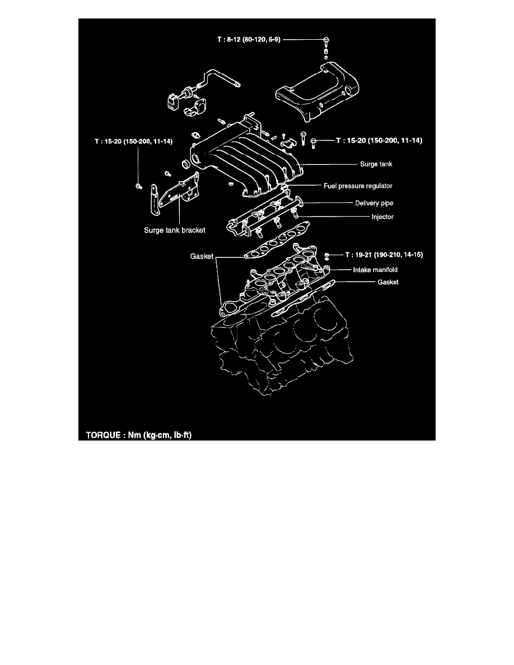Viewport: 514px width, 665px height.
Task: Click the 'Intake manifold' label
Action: [x=375, y=270]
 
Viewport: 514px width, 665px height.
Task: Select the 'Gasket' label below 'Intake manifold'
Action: [x=387, y=282]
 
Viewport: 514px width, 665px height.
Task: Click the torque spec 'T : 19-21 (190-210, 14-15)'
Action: [x=380, y=255]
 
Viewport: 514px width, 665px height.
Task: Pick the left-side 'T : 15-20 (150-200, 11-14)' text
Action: [x=133, y=142]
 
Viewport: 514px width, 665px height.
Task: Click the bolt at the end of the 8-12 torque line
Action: [x=326, y=40]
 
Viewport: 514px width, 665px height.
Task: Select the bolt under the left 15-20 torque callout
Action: [x=138, y=185]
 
